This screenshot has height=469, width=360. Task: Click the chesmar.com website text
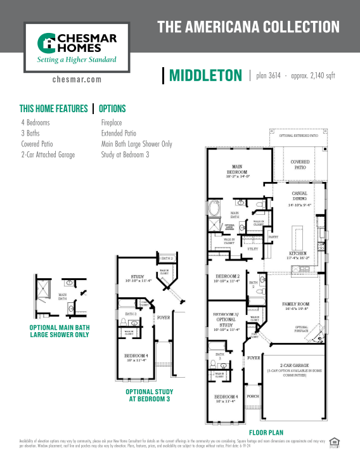(x=76, y=80)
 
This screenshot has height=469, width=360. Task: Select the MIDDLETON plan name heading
(x=205, y=76)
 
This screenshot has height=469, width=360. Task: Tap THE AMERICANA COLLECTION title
(x=248, y=27)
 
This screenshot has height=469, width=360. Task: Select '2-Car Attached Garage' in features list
(x=48, y=154)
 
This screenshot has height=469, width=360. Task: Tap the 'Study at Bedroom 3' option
(x=125, y=154)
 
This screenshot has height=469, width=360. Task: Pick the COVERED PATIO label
(x=300, y=164)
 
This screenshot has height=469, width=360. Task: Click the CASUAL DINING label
(x=299, y=199)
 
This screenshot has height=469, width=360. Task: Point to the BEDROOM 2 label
(x=227, y=278)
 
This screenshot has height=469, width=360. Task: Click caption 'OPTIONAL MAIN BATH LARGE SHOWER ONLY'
(x=59, y=331)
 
